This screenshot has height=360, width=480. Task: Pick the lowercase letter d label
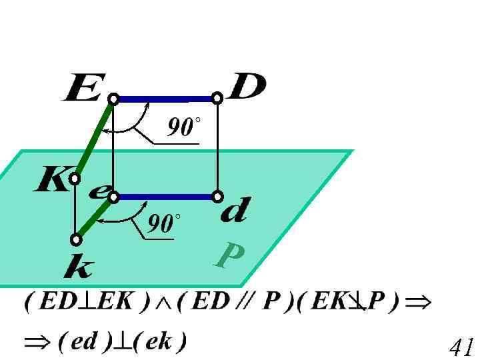click(234, 212)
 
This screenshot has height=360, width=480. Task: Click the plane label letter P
click(229, 255)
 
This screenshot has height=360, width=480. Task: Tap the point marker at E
click(114, 99)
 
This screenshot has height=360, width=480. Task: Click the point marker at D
click(217, 99)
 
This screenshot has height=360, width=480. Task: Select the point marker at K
click(75, 179)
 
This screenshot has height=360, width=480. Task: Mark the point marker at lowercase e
click(114, 197)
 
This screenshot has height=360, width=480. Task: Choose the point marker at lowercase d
click(217, 197)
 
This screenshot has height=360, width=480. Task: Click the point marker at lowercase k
click(77, 239)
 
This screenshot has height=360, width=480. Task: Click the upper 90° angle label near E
click(184, 127)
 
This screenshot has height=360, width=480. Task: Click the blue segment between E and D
click(165, 99)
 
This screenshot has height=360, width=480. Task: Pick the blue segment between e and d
click(165, 197)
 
